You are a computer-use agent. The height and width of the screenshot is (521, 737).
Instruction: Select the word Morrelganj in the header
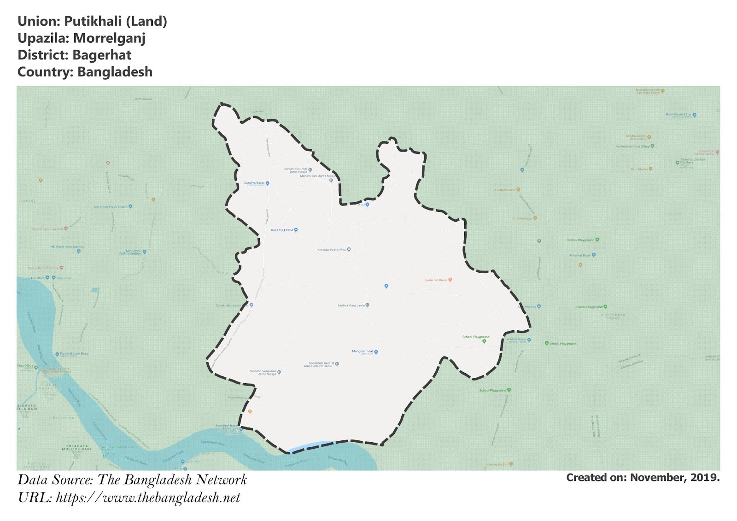109,38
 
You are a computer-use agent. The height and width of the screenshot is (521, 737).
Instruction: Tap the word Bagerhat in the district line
102,55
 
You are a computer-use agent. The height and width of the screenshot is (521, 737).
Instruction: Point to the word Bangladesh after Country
115,72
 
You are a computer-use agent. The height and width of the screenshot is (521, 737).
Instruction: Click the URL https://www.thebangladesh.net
148,498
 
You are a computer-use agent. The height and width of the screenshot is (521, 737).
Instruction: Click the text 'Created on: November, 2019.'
643,478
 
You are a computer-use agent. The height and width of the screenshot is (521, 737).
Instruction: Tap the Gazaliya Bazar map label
254,183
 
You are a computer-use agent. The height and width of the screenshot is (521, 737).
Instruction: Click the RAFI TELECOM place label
282,230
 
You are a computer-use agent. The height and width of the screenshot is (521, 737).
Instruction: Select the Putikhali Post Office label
331,250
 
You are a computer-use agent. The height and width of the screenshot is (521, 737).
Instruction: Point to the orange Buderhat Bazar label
436,280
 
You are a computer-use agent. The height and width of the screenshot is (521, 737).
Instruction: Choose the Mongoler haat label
363,351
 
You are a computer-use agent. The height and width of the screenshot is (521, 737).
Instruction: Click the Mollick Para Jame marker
367,305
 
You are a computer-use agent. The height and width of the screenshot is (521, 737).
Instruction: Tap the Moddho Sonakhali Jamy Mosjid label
263,372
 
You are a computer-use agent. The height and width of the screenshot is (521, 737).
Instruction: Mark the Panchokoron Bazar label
74,354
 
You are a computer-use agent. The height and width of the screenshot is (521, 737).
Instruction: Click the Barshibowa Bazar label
679,114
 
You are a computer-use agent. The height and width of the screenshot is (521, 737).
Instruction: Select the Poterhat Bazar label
580,255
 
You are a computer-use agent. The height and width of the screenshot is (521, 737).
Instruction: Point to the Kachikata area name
613,315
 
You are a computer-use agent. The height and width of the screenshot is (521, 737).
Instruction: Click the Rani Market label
639,169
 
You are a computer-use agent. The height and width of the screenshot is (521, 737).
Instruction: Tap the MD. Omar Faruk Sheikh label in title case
111,207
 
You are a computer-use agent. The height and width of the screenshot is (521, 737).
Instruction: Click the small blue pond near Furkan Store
95,290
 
